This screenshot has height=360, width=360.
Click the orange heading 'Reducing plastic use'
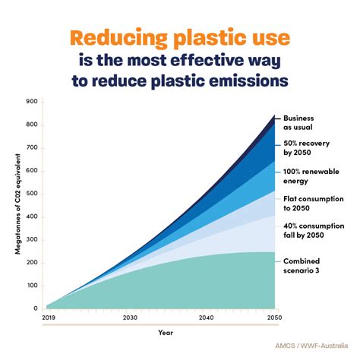(180, 38)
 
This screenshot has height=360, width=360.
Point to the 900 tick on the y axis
(31, 102)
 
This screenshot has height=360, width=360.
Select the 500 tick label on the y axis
(31, 194)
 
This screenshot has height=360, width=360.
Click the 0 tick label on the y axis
(35, 308)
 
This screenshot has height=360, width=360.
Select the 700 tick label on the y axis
(31, 148)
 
